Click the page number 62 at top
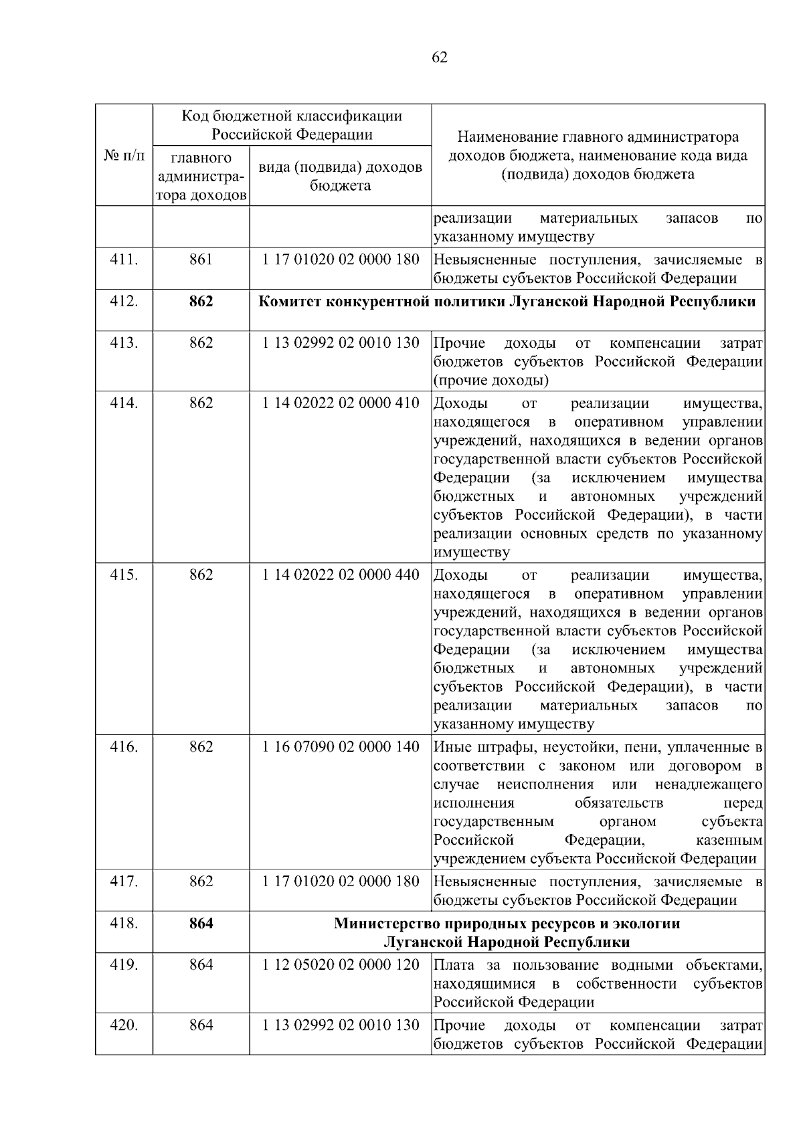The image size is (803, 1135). point(440,58)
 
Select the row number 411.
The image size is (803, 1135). point(124,260)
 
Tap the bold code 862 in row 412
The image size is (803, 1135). point(201,302)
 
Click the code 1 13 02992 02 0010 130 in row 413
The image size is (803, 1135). point(341,343)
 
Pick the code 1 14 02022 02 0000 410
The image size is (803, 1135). point(341,403)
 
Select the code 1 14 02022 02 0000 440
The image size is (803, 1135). point(341,575)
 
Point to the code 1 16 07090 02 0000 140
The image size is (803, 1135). point(341,747)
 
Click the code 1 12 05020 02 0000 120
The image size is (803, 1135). point(341,965)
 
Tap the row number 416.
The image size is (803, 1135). point(124,747)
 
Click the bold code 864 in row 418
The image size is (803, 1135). point(201,924)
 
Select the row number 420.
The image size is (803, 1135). point(124,1025)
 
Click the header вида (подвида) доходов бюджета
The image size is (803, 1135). point(341,176)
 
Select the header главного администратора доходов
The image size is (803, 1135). point(201,177)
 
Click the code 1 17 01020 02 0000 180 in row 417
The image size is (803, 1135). point(341,882)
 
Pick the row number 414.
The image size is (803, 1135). point(124,403)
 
